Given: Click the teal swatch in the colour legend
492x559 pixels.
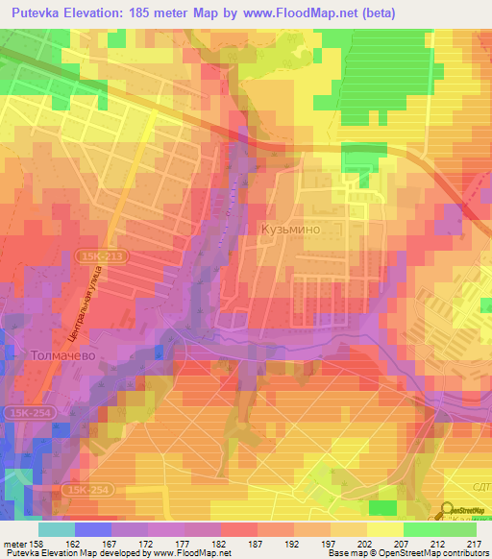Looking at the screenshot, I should tap(57, 529).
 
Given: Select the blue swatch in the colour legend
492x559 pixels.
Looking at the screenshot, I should tap(93, 529).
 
